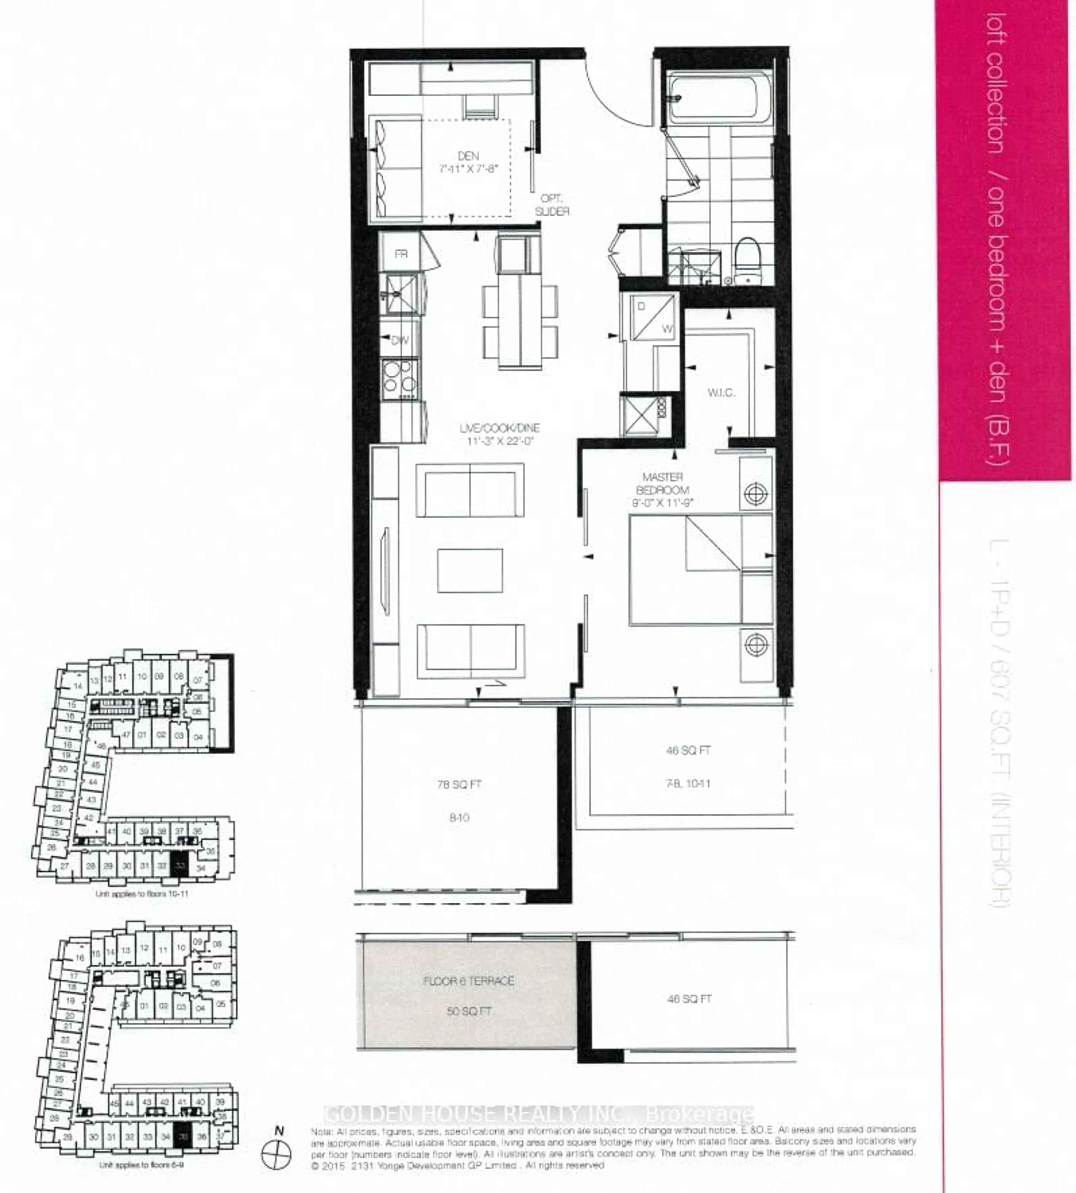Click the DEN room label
click(468, 156)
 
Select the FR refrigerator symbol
click(401, 254)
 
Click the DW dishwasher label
click(400, 340)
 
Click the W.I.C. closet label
click(721, 392)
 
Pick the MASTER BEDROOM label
click(662, 483)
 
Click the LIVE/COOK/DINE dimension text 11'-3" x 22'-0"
click(500, 441)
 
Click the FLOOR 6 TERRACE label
click(468, 981)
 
